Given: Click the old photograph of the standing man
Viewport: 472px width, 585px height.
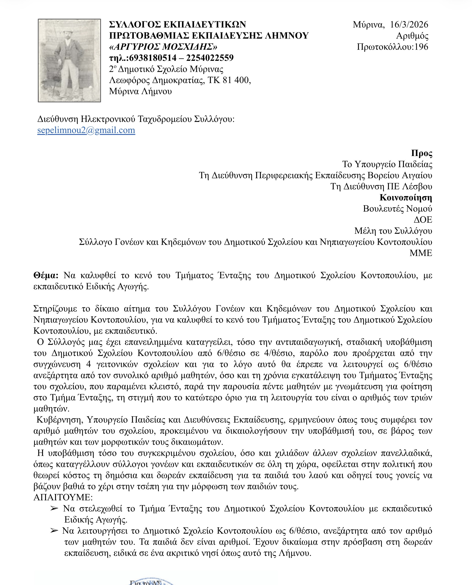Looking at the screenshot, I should pyautogui.click(x=69, y=60).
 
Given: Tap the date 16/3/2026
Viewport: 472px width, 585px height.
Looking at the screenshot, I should pyautogui.click(x=409, y=25).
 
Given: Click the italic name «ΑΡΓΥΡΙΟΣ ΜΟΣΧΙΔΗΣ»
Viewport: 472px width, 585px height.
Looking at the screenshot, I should pyautogui.click(x=163, y=47).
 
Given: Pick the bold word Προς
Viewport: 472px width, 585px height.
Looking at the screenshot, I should pyautogui.click(x=421, y=153).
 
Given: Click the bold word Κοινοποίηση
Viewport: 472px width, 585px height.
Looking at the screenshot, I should pyautogui.click(x=406, y=198).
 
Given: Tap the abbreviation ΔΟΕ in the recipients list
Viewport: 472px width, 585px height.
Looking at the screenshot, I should pyautogui.click(x=423, y=220).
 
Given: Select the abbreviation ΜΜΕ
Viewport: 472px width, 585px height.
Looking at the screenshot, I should pyautogui.click(x=421, y=253).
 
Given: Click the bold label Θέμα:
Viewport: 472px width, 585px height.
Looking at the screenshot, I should pyautogui.click(x=46, y=275).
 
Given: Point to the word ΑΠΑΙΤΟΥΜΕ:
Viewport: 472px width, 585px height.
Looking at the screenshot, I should pyautogui.click(x=63, y=497).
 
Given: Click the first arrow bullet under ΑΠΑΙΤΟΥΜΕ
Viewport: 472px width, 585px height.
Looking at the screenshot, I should pyautogui.click(x=54, y=509).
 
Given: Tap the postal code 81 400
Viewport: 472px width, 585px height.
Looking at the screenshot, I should pyautogui.click(x=236, y=80).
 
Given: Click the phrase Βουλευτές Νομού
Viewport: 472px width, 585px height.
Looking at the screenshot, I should pyautogui.click(x=397, y=209).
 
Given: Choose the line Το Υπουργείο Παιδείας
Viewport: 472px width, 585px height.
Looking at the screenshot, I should pyautogui.click(x=387, y=164).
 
